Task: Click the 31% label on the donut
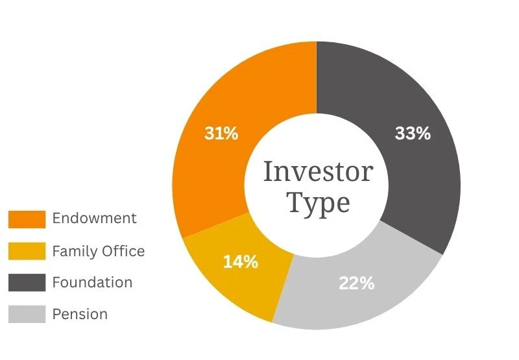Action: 221,134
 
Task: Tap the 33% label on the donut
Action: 413,134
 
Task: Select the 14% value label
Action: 241,261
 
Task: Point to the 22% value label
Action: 356,283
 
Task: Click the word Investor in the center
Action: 319,172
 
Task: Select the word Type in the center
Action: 319,203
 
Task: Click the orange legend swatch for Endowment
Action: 27,219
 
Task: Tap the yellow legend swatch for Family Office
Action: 27,251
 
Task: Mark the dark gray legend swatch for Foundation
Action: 27,283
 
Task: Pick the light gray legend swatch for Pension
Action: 27,314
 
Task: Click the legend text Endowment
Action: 94,219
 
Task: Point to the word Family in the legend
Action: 75,252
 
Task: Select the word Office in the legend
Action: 123,251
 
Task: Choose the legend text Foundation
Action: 92,283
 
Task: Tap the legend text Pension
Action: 80,314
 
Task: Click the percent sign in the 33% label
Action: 424,134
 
